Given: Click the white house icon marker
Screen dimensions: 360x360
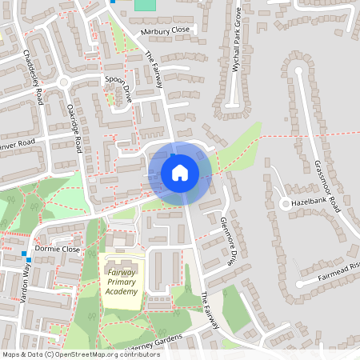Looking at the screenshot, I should tap(180, 172).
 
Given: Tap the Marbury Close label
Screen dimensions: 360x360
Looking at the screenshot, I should tap(166, 30).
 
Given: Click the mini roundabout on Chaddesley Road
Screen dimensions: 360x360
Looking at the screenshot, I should tap(63, 82).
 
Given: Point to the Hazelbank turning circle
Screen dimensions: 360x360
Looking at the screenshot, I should tap(286, 204).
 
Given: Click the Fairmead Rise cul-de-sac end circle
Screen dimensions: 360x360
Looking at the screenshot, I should tap(300, 282).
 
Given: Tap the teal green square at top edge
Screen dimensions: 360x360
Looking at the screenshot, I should tap(145, 4).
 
